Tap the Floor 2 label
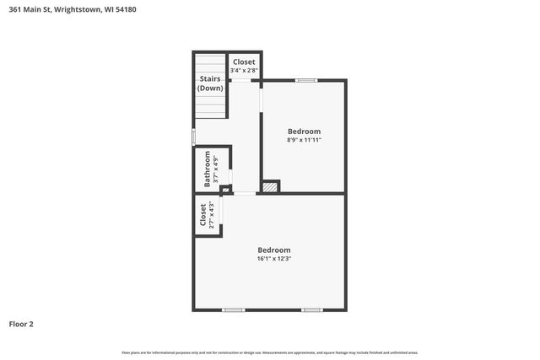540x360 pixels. tap(21, 324)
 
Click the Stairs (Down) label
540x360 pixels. tap(210, 83)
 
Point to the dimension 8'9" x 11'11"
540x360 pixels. tap(304, 140)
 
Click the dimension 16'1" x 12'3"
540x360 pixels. tap(274, 259)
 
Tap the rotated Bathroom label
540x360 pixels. tap(207, 169)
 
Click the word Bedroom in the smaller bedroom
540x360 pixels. tap(304, 131)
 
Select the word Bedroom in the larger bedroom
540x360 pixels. tap(274, 250)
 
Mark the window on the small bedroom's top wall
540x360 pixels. tap(306, 80)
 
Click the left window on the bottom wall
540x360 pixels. tap(234, 309)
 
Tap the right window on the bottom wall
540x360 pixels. tap(312, 309)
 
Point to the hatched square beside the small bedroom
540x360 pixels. tap(270, 186)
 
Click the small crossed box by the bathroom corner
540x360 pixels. tap(225, 190)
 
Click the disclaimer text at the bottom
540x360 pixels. tap(270, 352)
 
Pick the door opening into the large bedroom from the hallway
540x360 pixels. tap(244, 194)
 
